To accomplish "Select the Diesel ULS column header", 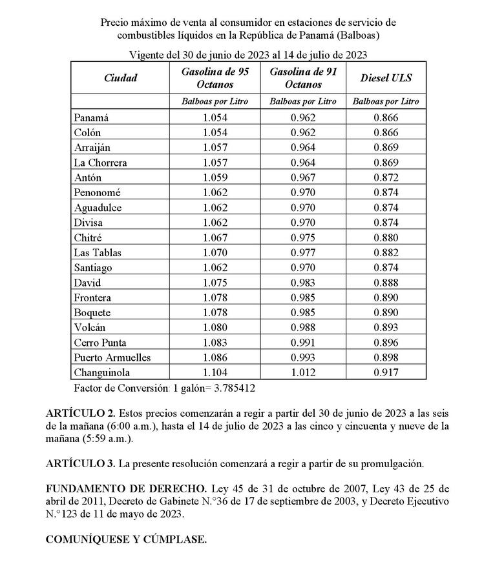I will [386, 78].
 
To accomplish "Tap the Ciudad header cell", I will [120, 78].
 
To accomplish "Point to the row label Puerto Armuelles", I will [112, 357].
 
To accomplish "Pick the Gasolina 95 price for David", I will [215, 283].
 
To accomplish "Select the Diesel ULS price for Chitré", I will [386, 237].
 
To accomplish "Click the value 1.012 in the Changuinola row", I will [303, 372].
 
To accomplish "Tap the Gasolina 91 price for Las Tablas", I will [303, 252].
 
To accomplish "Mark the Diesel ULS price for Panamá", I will [386, 117].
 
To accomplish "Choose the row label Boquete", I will [92, 312].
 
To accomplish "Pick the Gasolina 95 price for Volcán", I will [215, 327].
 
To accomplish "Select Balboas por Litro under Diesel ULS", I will [386, 101].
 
